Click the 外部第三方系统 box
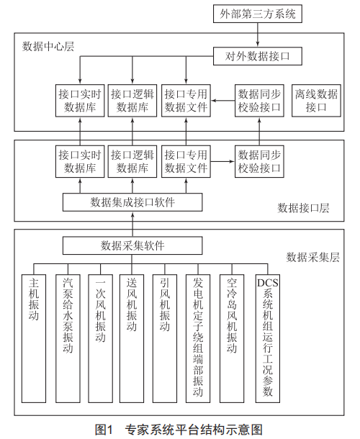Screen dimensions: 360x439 point(258,14)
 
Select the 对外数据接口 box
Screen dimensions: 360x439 point(258,56)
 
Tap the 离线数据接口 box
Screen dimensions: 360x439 point(316,101)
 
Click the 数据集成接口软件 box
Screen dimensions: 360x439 point(132,202)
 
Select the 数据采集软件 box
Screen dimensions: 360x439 point(132,245)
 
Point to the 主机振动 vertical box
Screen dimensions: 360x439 point(34,338)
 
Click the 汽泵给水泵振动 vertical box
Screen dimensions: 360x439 point(68,338)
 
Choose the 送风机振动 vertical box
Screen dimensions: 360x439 point(132,338)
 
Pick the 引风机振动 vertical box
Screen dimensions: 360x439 point(165,338)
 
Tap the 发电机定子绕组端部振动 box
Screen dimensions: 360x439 point(198,338)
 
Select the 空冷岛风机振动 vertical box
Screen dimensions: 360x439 point(232,338)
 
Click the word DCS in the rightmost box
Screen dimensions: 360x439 point(268,283)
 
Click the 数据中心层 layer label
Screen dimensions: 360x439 point(48,47)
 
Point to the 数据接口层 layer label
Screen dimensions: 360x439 point(303,208)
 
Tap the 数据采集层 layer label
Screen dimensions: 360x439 point(312,257)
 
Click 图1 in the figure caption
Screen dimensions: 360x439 point(104,429)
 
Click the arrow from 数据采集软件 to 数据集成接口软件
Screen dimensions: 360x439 point(132,225)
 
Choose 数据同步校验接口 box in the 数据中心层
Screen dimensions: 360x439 point(259,101)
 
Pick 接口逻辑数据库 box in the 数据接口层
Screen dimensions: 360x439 point(132,161)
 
